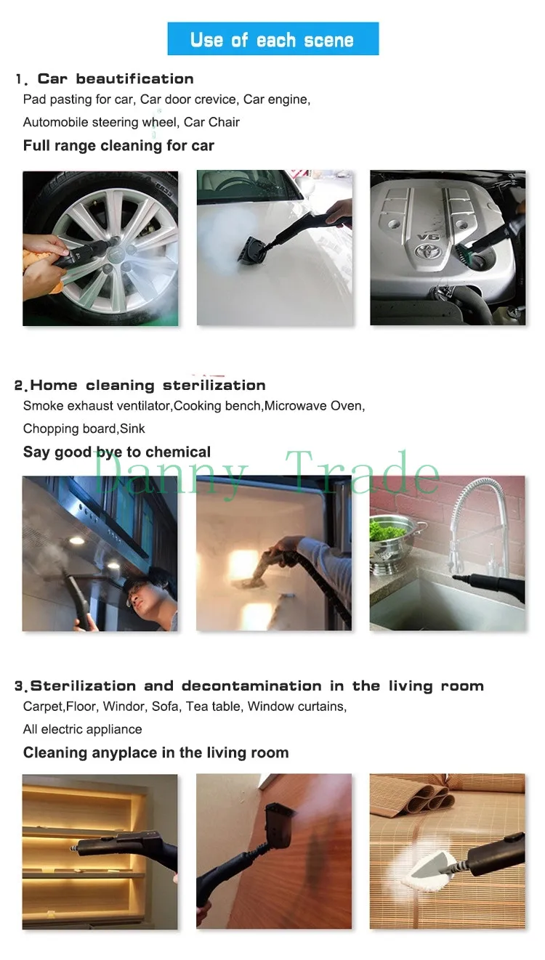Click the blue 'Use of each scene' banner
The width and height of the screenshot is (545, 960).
pos(272,38)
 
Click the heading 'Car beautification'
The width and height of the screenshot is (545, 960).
pos(116,79)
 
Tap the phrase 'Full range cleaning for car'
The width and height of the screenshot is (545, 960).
pos(118,146)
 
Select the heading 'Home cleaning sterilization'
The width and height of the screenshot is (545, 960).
pos(148,386)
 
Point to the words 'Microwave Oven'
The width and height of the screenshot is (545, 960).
pos(313,406)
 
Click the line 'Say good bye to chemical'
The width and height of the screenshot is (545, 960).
pos(117,452)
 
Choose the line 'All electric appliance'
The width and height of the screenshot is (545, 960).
pos(82,729)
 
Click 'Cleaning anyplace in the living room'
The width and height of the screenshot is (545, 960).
pos(156,753)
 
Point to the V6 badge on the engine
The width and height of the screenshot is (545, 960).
pos(428,237)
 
